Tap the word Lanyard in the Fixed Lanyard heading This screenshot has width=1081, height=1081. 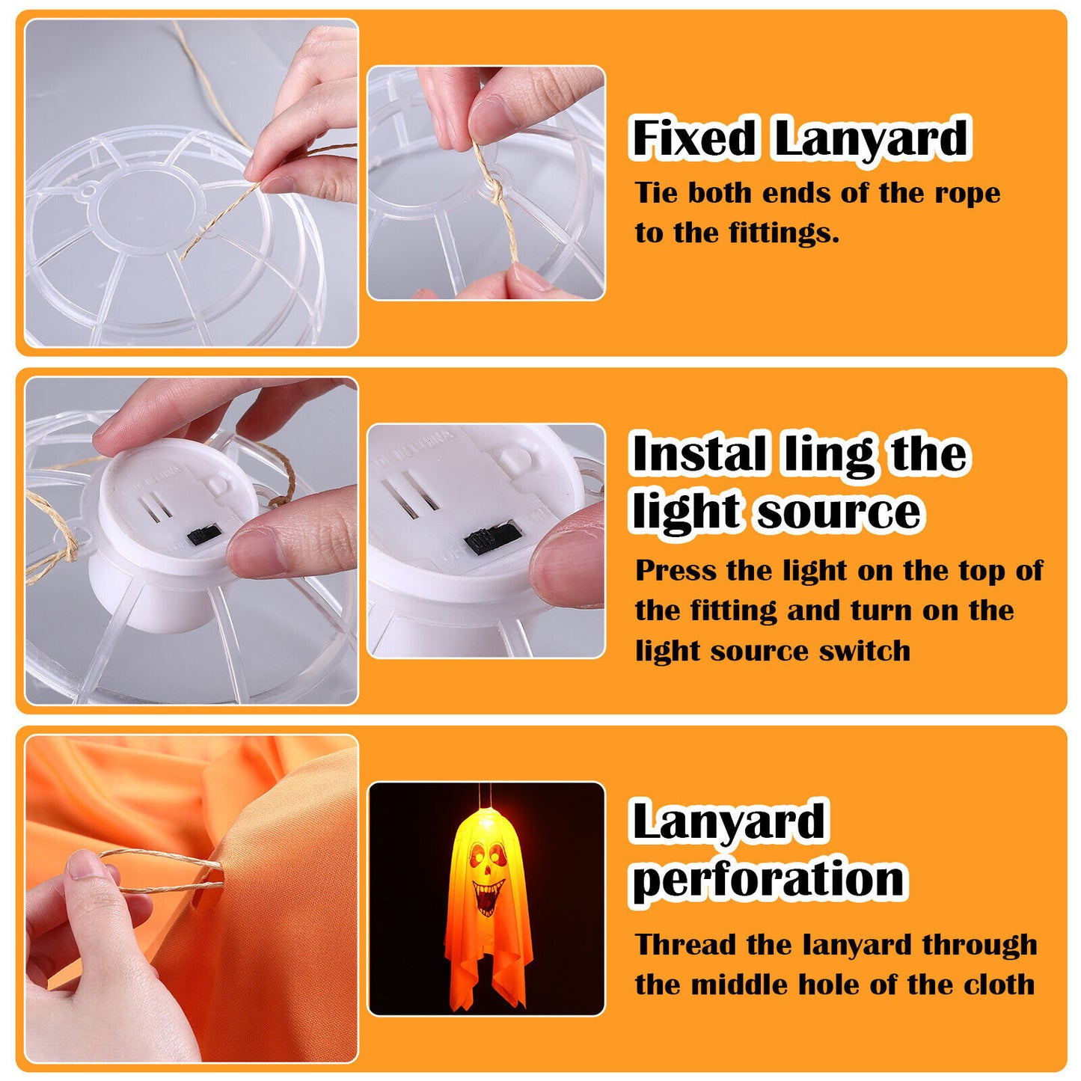tap(871, 138)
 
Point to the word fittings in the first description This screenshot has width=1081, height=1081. tap(783, 233)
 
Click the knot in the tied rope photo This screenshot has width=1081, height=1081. tap(493, 188)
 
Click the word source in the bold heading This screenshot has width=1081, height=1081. tap(839, 512)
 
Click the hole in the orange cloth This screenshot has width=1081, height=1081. tap(206, 885)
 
